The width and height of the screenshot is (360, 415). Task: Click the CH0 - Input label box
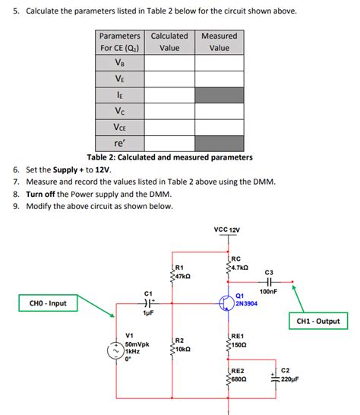(x=48, y=304)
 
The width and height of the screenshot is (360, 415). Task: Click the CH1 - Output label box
(x=317, y=321)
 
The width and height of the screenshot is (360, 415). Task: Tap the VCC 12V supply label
(x=227, y=230)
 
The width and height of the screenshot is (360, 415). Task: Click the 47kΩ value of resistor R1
(x=183, y=277)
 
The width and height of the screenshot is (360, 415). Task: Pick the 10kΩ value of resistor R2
(x=182, y=349)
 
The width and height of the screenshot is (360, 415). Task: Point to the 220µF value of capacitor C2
(x=291, y=379)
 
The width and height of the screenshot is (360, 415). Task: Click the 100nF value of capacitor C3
(x=269, y=291)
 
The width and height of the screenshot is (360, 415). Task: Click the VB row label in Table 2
(x=120, y=62)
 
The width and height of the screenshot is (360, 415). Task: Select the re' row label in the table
(x=120, y=142)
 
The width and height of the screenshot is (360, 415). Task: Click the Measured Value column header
(x=219, y=42)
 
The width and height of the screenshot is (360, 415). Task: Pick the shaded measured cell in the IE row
(x=219, y=94)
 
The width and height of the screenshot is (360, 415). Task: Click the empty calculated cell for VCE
(x=169, y=126)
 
